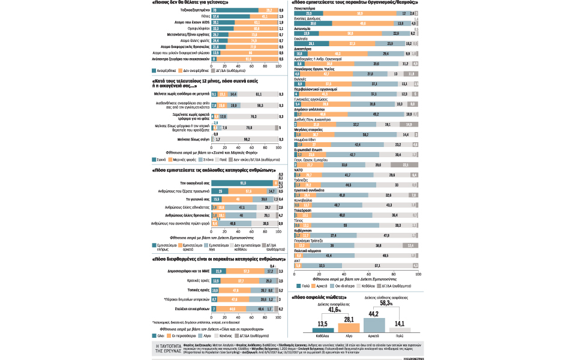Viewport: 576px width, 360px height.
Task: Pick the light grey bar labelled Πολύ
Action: click(x=400, y=328)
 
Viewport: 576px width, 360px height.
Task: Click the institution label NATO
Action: click(x=298, y=170)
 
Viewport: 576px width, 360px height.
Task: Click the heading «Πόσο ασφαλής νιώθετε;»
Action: click(x=322, y=297)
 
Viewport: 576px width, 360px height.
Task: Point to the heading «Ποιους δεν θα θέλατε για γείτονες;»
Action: click(x=192, y=3)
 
